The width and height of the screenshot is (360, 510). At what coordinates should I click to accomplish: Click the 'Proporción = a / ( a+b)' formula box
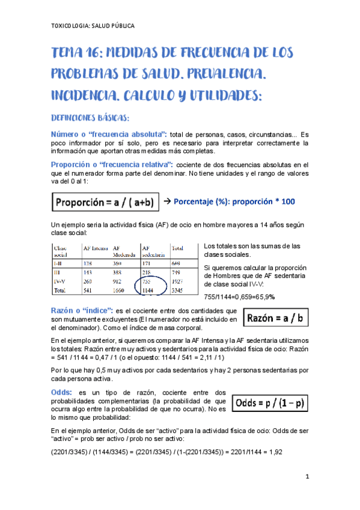pos(106,203)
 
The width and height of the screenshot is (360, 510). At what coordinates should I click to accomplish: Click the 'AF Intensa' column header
pos(95,248)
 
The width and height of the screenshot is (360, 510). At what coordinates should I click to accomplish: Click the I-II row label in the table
pos(61,263)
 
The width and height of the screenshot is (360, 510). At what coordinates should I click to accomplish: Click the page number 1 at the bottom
pos(307,478)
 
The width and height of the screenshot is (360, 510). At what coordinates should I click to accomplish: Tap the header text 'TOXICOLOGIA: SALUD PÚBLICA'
pos(93,26)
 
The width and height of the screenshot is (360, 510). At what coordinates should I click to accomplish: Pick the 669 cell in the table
pos(177,263)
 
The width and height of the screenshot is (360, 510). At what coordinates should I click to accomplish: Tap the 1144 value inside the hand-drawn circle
pos(147,290)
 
